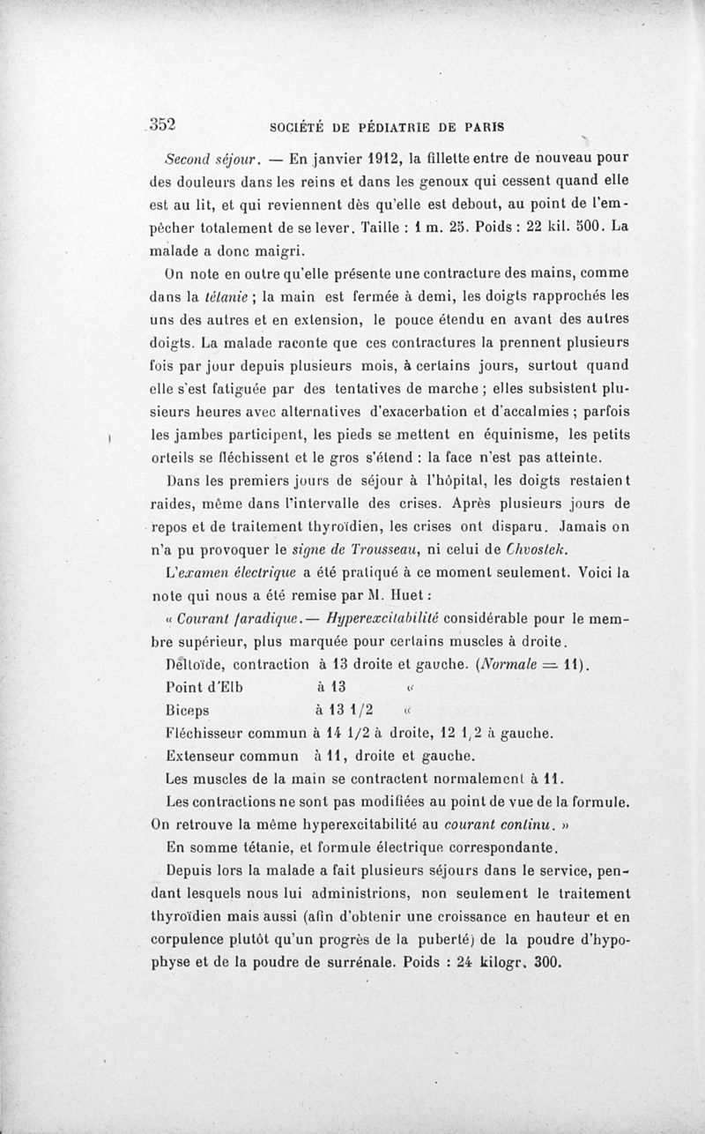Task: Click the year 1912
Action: [338, 160]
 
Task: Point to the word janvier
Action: [276, 160]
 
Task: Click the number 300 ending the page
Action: [547, 962]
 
